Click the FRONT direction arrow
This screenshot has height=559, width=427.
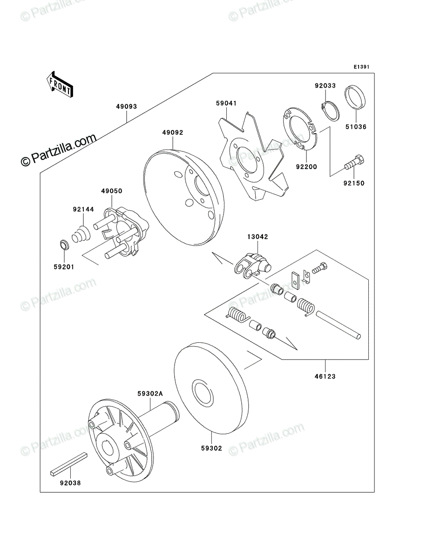[60, 85]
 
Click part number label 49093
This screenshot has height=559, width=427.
[127, 107]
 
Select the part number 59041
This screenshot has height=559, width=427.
[226, 103]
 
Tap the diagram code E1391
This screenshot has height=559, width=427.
[361, 67]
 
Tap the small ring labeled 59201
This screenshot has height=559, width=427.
[63, 245]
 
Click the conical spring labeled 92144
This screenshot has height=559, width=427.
[81, 234]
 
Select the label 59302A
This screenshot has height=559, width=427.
[150, 394]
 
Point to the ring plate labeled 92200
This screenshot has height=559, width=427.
[300, 129]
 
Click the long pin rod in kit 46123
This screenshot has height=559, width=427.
[338, 325]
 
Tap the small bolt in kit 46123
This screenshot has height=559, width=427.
[319, 268]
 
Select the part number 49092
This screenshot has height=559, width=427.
[173, 132]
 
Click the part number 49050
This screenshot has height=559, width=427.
[112, 191]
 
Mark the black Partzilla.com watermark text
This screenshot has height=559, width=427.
[59, 150]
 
